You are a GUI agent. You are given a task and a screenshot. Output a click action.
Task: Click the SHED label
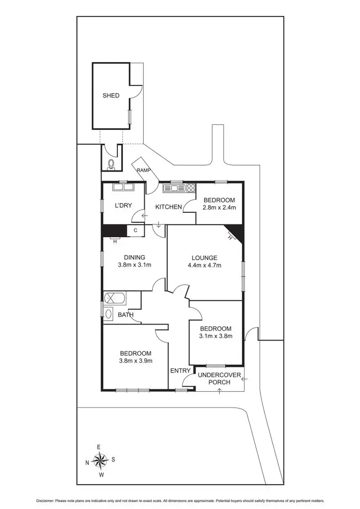click(x=111, y=95)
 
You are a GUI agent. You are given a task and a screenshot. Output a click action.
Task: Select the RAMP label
click(x=144, y=170)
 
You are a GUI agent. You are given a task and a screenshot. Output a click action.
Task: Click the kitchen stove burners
click(x=190, y=188)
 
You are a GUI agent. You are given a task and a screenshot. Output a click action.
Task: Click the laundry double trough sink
click(x=122, y=187)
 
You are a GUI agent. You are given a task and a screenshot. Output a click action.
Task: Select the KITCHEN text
click(x=169, y=207)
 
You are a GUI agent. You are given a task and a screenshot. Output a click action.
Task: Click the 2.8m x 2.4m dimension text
click(x=219, y=207)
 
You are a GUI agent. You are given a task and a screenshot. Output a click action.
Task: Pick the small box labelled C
click(x=135, y=230)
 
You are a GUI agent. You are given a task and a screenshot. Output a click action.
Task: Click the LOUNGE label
click(x=204, y=257)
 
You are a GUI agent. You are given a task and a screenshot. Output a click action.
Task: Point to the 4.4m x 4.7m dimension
click(x=204, y=265)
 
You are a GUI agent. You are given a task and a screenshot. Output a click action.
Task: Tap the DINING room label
click(x=134, y=257)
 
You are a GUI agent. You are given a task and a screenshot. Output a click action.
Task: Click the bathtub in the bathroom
click(x=115, y=298)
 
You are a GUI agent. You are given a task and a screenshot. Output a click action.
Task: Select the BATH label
click(x=125, y=315)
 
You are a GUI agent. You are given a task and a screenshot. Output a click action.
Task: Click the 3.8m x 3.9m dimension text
click(x=135, y=360)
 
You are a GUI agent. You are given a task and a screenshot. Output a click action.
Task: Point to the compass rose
click(x=100, y=460)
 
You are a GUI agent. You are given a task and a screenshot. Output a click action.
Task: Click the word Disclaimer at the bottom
click(x=47, y=501)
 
